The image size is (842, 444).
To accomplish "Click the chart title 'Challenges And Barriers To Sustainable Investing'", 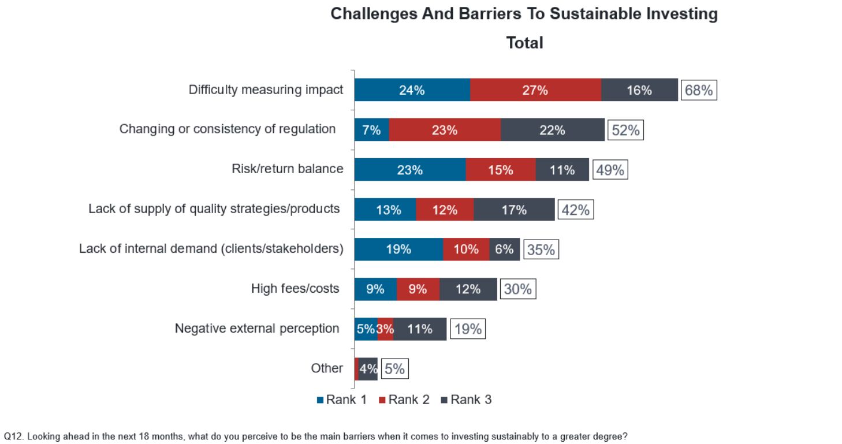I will [x=524, y=14].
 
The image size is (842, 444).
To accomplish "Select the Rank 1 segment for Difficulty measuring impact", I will [x=412, y=90].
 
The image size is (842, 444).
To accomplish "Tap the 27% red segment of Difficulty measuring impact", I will [x=535, y=90].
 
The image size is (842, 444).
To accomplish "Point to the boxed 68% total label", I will [x=699, y=90].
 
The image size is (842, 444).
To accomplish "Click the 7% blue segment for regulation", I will [x=371, y=130].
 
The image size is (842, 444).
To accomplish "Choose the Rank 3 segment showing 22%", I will [x=552, y=130].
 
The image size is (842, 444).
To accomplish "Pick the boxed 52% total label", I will [x=625, y=130].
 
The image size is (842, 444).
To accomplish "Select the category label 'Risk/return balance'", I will [x=287, y=169].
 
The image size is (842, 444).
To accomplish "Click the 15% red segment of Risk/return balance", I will [x=500, y=170].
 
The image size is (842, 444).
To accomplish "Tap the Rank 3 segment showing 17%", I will [x=514, y=210].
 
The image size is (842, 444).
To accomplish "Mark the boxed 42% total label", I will [x=575, y=210].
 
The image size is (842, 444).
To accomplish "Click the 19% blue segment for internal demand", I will [x=398, y=249].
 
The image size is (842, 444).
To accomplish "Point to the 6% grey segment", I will [x=504, y=249].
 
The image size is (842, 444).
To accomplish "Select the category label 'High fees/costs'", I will [x=295, y=288].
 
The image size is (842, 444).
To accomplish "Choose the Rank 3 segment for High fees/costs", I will [x=468, y=289].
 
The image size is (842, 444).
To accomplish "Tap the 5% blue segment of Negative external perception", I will [x=366, y=329].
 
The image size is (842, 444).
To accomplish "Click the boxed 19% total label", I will [x=467, y=329].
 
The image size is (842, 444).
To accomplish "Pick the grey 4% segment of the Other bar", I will [x=368, y=368].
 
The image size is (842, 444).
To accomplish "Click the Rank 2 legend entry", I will [x=404, y=400].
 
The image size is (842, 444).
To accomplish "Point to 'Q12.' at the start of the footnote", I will [x=13, y=436].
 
